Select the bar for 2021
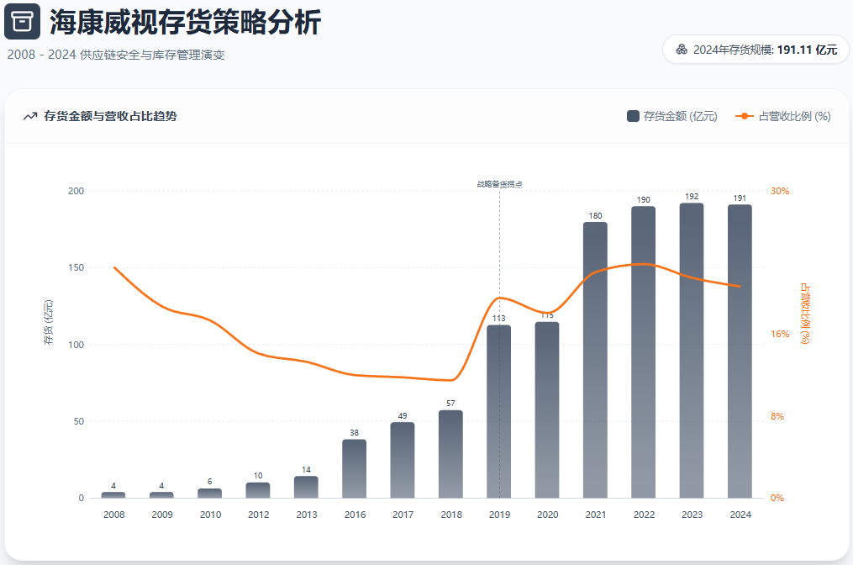pyautogui.click(x=595, y=360)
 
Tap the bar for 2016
pyautogui.click(x=354, y=468)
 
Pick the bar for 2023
pyautogui.click(x=692, y=351)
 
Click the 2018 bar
pyautogui.click(x=450, y=454)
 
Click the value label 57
pyautogui.click(x=450, y=404)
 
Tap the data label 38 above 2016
pyautogui.click(x=354, y=433)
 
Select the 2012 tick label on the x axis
pyautogui.click(x=258, y=515)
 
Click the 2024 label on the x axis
pyautogui.click(x=740, y=515)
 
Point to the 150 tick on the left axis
pyautogui.click(x=76, y=268)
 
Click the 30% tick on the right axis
pyautogui.click(x=780, y=192)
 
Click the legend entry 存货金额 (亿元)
pyautogui.click(x=672, y=116)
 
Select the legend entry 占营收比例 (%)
pyautogui.click(x=783, y=116)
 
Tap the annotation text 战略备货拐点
pyautogui.click(x=499, y=183)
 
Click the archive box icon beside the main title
pyautogui.click(x=22, y=22)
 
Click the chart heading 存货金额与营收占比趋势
pyautogui.click(x=110, y=116)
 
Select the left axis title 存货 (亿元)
pyautogui.click(x=48, y=322)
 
